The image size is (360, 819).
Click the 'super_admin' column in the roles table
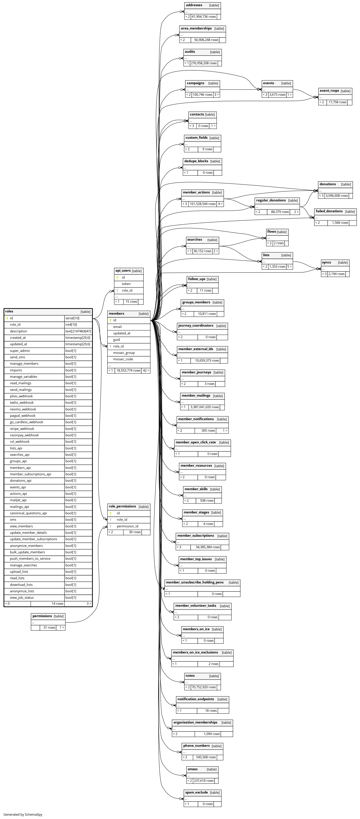(20, 351)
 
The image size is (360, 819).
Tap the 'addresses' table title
(194, 5)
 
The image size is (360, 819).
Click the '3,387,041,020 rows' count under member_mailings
(204, 407)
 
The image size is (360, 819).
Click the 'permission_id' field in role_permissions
(127, 526)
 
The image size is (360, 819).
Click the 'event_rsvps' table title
(329, 91)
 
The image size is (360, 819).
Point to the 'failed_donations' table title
(329, 211)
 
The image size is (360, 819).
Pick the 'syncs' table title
(326, 263)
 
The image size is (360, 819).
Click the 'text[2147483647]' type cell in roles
(78, 331)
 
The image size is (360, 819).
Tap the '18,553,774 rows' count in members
(128, 370)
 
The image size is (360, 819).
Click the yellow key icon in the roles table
(7, 318)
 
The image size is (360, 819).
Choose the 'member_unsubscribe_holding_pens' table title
(195, 583)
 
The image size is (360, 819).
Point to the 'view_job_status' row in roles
(22, 598)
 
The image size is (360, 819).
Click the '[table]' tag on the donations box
(346, 184)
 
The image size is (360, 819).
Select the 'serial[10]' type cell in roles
(72, 318)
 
